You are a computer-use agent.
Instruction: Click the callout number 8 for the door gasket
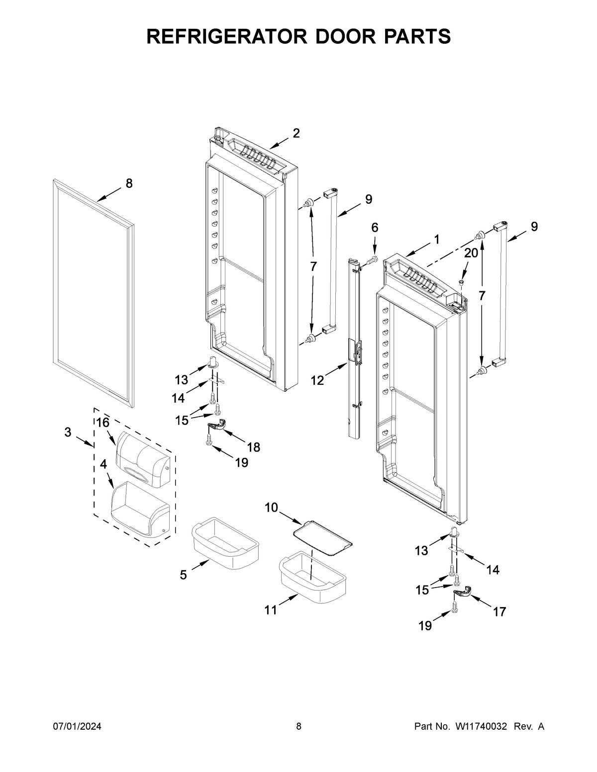(x=129, y=183)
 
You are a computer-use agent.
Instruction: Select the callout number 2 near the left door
(x=296, y=133)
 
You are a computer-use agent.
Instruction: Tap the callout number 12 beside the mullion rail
(x=317, y=381)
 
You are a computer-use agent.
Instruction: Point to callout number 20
(x=471, y=253)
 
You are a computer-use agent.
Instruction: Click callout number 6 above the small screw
(x=375, y=228)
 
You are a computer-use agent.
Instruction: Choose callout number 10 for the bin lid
(x=271, y=508)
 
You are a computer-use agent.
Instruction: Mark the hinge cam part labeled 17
(x=463, y=591)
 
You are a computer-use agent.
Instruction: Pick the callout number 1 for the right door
(x=436, y=239)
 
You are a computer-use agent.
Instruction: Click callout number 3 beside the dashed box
(x=68, y=432)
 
